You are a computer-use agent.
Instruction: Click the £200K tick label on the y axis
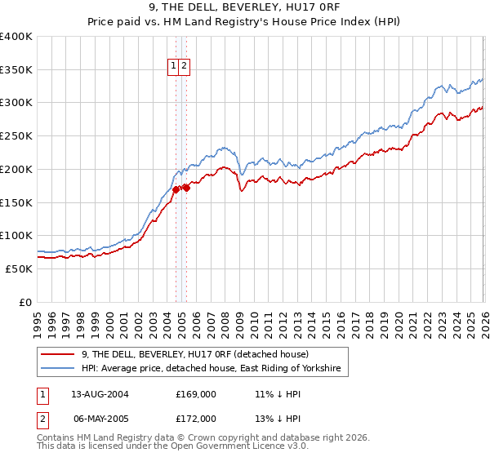16,169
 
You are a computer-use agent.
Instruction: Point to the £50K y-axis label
19,268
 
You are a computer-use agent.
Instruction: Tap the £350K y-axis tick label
16,70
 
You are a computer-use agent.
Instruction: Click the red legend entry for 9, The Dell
194,354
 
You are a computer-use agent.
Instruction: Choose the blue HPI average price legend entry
213,370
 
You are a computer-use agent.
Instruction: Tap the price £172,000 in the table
196,418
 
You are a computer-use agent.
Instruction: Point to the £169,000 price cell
196,393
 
